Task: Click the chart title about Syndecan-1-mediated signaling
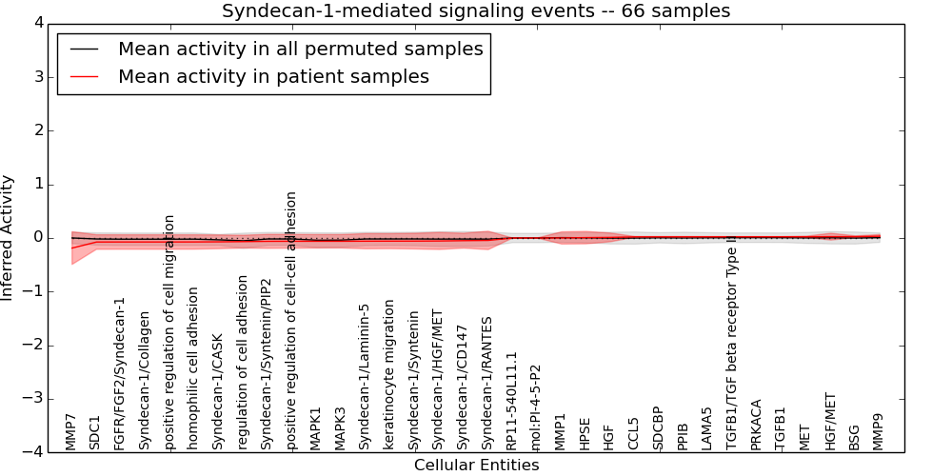[x=476, y=10]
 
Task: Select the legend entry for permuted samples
[x=300, y=49]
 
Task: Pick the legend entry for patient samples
[x=273, y=76]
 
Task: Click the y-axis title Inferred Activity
[x=8, y=238]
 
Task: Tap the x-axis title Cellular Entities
[x=476, y=466]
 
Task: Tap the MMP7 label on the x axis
[x=70, y=431]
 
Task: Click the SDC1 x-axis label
[x=95, y=431]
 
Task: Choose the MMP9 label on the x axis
[x=879, y=431]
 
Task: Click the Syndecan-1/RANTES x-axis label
[x=487, y=383]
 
